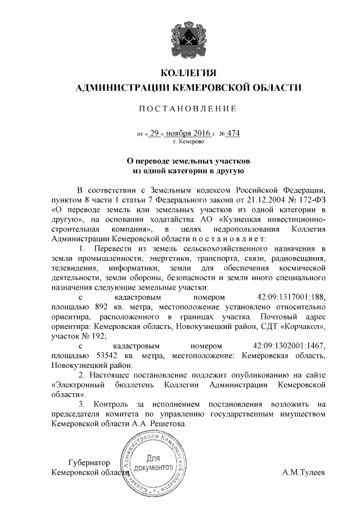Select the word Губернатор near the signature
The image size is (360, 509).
pyautogui.click(x=87, y=462)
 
